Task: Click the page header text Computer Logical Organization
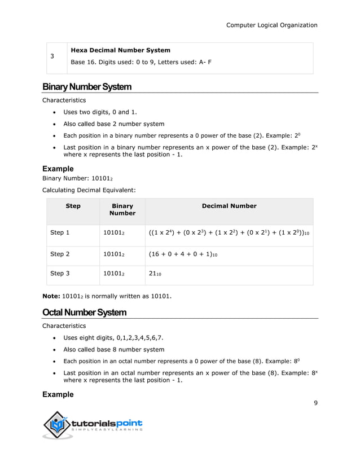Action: coord(271,25)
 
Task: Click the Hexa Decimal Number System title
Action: coord(120,50)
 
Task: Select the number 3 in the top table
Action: coord(52,56)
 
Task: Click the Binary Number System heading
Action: coord(87,87)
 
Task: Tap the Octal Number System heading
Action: coord(85,312)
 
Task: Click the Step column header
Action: coord(73,206)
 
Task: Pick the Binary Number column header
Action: coord(122,209)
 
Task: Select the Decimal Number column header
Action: coord(229,206)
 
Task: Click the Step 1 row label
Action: coord(60,232)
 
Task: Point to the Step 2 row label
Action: coord(60,254)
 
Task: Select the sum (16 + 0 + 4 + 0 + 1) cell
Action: coord(183,254)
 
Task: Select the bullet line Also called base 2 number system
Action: coord(113,124)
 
